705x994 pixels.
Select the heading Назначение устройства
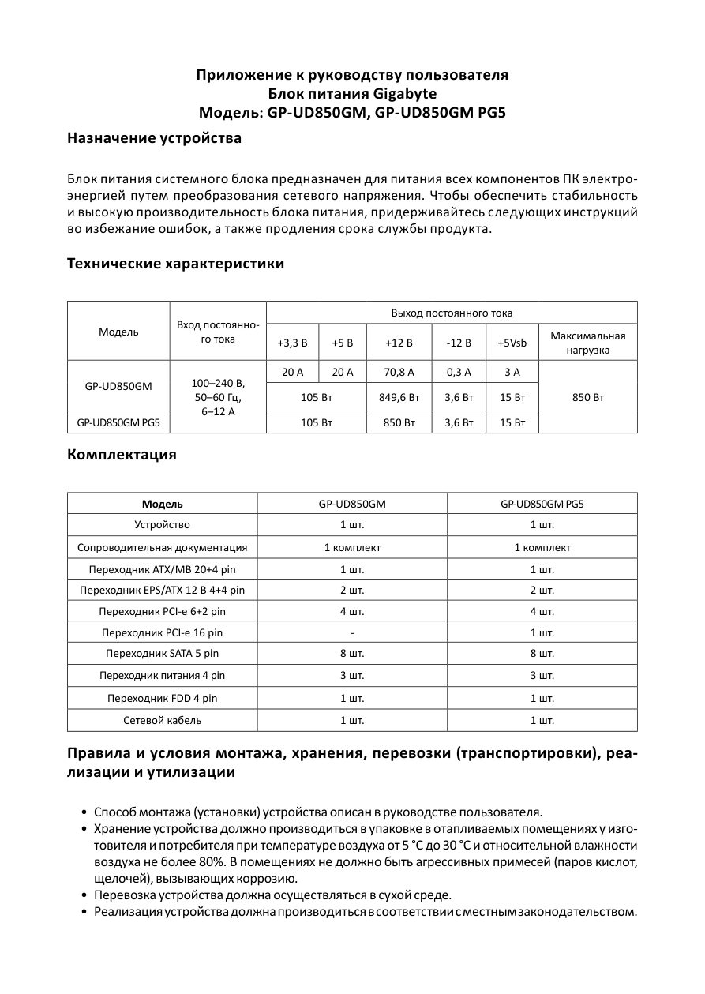pyautogui.click(x=154, y=139)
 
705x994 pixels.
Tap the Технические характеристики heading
pyautogui.click(x=175, y=264)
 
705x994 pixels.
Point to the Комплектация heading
pyautogui.click(x=122, y=455)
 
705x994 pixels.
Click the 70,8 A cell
pyautogui.click(x=399, y=372)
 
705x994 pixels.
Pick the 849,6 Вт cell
pyautogui.click(x=399, y=397)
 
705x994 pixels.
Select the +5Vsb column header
pyautogui.click(x=512, y=343)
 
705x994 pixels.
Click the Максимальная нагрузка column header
pyautogui.click(x=587, y=343)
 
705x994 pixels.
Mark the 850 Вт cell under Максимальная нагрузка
pyautogui.click(x=587, y=397)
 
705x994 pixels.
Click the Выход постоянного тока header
pyautogui.click(x=452, y=313)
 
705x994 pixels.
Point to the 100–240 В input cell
pyautogui.click(x=219, y=383)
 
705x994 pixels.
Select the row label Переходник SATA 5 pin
pyautogui.click(x=162, y=654)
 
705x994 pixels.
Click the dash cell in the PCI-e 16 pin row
pyautogui.click(x=352, y=632)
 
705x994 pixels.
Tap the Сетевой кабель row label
pyautogui.click(x=162, y=720)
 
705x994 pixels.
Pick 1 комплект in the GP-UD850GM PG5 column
pyautogui.click(x=542, y=547)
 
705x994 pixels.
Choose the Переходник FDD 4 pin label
pyautogui.click(x=162, y=699)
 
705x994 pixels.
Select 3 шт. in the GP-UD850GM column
pyautogui.click(x=352, y=676)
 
